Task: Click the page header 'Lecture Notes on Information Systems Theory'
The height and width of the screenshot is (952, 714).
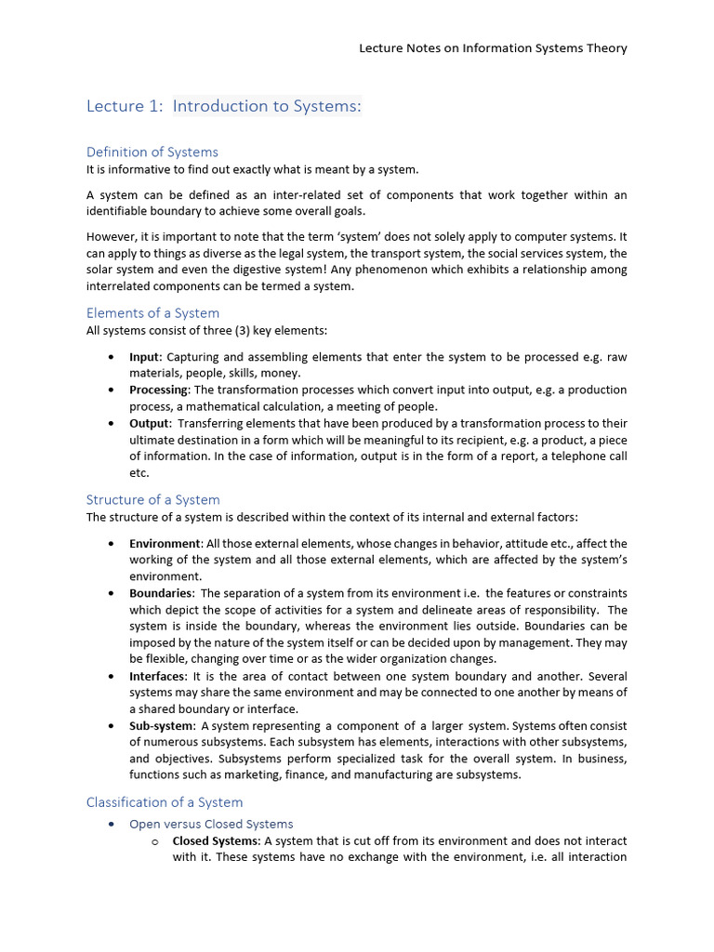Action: [x=493, y=48]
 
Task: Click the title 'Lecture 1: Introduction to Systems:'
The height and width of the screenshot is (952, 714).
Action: [x=223, y=106]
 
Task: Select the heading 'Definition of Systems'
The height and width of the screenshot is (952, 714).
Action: [x=152, y=152]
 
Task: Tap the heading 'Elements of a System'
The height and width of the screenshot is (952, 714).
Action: [x=152, y=312]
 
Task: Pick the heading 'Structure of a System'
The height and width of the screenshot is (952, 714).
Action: [x=153, y=499]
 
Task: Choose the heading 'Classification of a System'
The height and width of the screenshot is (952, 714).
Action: [x=165, y=801]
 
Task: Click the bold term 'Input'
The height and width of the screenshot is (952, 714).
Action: [x=144, y=357]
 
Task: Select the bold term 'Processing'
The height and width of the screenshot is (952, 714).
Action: [x=159, y=390]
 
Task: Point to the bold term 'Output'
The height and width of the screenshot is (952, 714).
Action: [x=149, y=423]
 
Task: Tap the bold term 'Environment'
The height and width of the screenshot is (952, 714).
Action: [x=165, y=543]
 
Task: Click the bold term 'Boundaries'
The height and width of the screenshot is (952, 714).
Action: [x=161, y=593]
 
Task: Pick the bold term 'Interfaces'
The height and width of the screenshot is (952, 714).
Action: [x=158, y=676]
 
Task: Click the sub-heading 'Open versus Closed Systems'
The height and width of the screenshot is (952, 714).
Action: [x=211, y=824]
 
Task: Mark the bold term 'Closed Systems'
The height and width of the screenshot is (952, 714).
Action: [x=216, y=840]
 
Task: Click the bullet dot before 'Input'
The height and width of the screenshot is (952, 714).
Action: [x=112, y=357]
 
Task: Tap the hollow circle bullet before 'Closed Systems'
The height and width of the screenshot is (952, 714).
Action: [x=155, y=841]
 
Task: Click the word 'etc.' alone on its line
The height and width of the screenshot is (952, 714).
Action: [x=139, y=472]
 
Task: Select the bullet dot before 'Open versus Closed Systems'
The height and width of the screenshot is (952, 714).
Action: [x=112, y=825]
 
